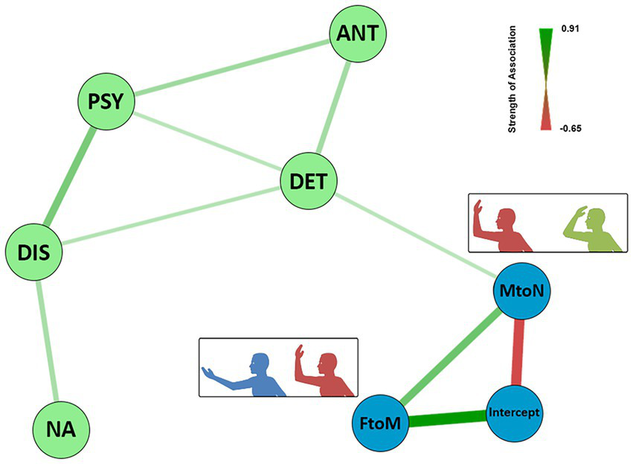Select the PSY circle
pyautogui.click(x=106, y=100)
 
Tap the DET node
pyautogui.click(x=309, y=179)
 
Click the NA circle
pyautogui.click(x=60, y=430)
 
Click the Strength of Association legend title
pyautogui.click(x=512, y=79)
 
